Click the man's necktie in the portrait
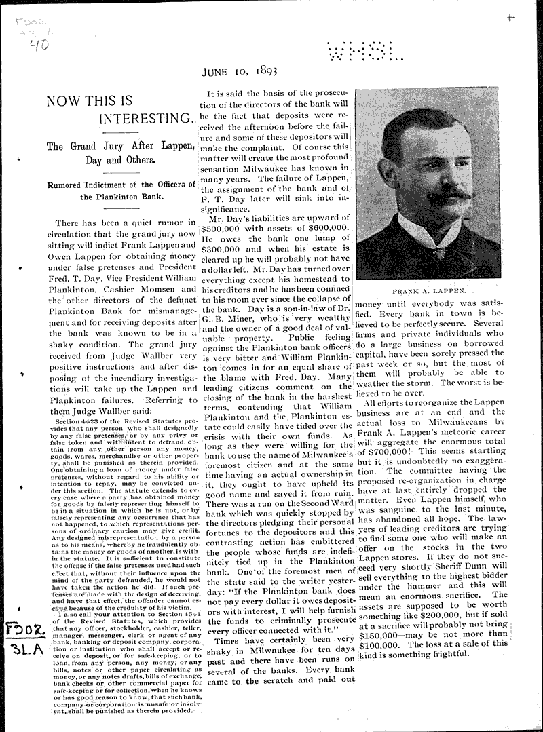click(x=439, y=251)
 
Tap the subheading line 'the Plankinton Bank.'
click(x=122, y=197)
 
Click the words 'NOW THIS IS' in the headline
click(x=88, y=102)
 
